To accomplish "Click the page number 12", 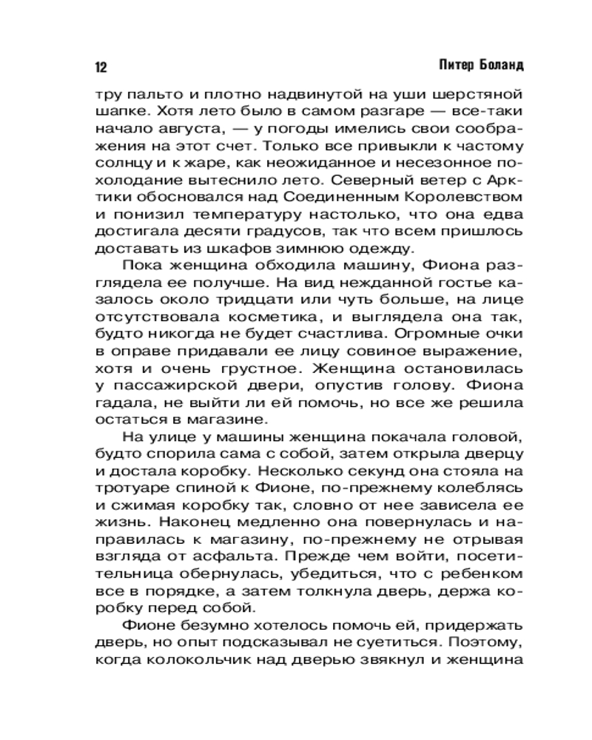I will [x=101, y=67].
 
